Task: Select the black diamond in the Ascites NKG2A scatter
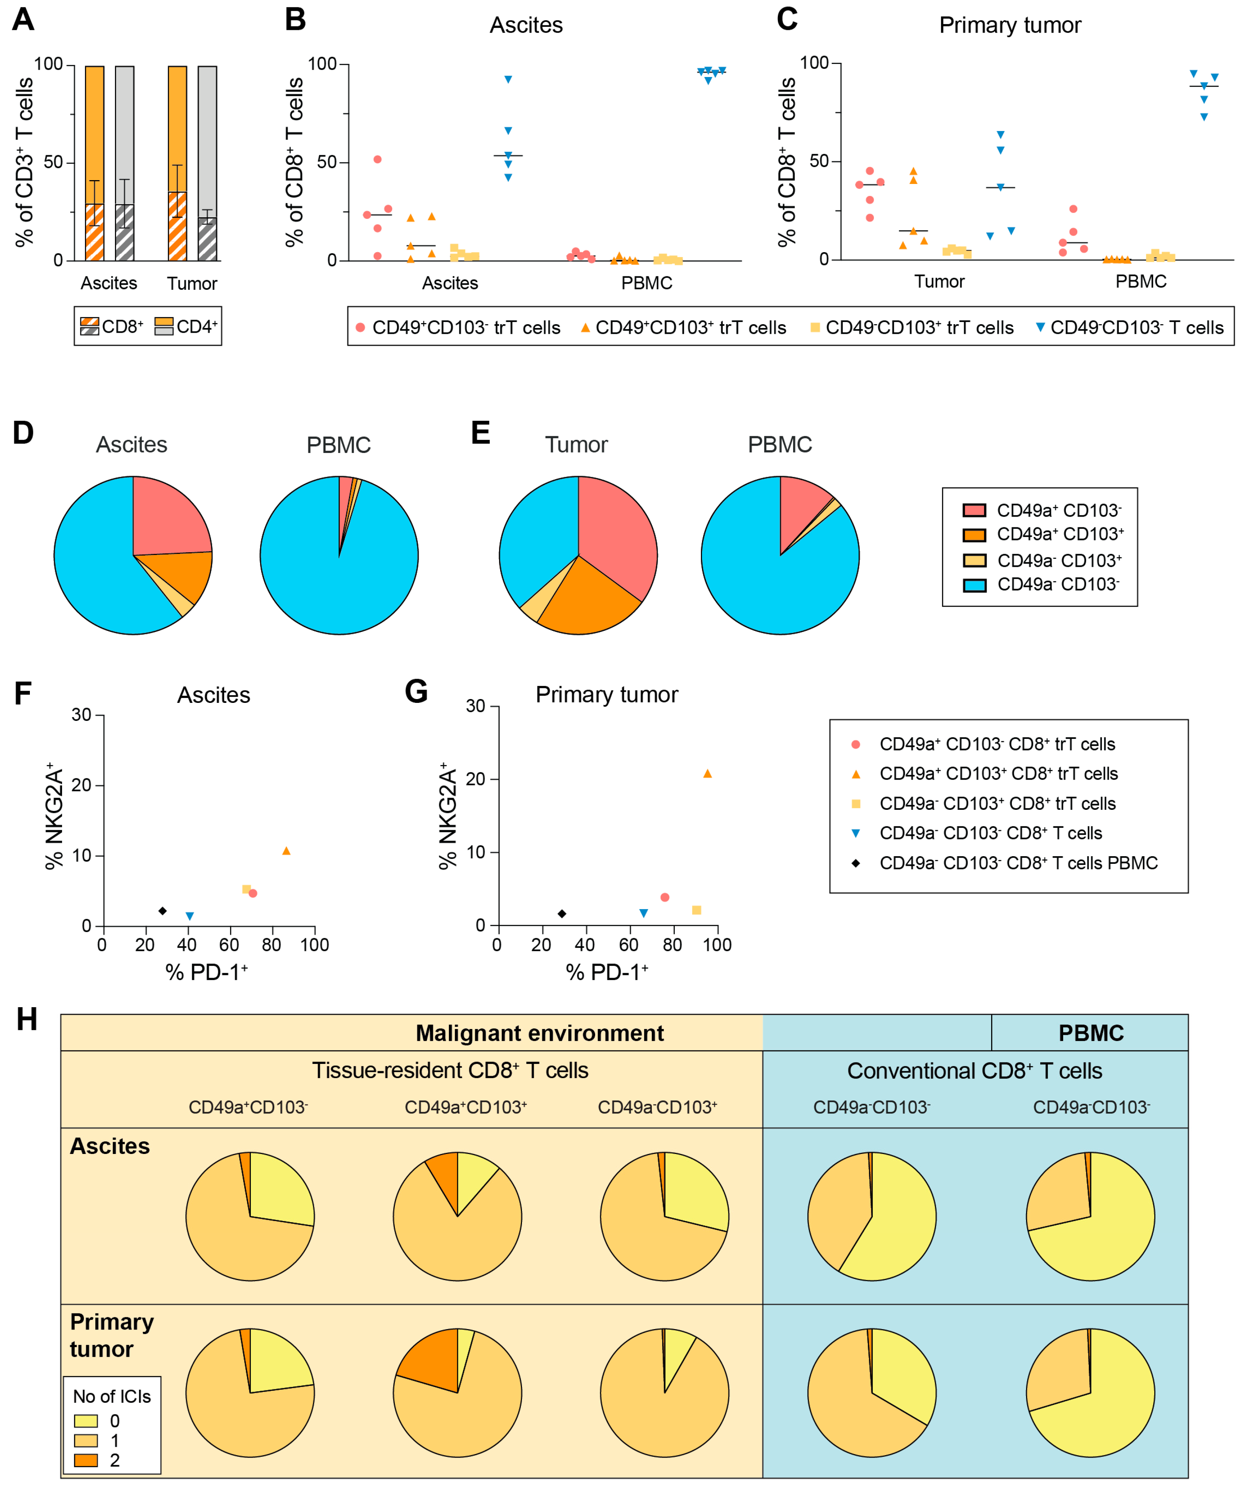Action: pyautogui.click(x=163, y=911)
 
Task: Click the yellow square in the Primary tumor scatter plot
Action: pyautogui.click(x=697, y=910)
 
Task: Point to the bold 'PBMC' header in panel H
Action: pyautogui.click(x=1091, y=1033)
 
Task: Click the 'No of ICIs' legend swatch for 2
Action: pyautogui.click(x=86, y=1461)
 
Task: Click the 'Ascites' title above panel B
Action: pyautogui.click(x=526, y=26)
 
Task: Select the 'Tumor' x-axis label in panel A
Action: pyautogui.click(x=192, y=284)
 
